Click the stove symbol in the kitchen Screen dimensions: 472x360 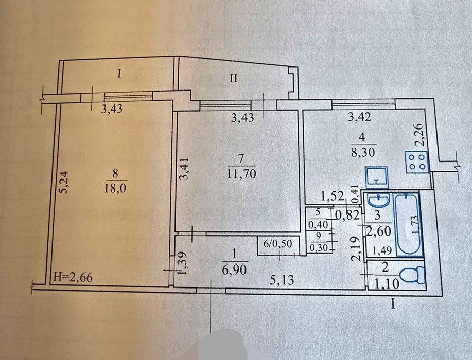[417, 162]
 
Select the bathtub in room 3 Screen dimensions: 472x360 [407, 225]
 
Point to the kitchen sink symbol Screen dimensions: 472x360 [377, 177]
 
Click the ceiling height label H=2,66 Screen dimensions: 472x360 [72, 277]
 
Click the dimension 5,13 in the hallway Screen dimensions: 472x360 [282, 280]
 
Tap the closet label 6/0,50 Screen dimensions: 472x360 [277, 244]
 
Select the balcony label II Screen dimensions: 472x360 [234, 79]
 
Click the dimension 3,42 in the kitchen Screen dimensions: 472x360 [359, 116]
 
